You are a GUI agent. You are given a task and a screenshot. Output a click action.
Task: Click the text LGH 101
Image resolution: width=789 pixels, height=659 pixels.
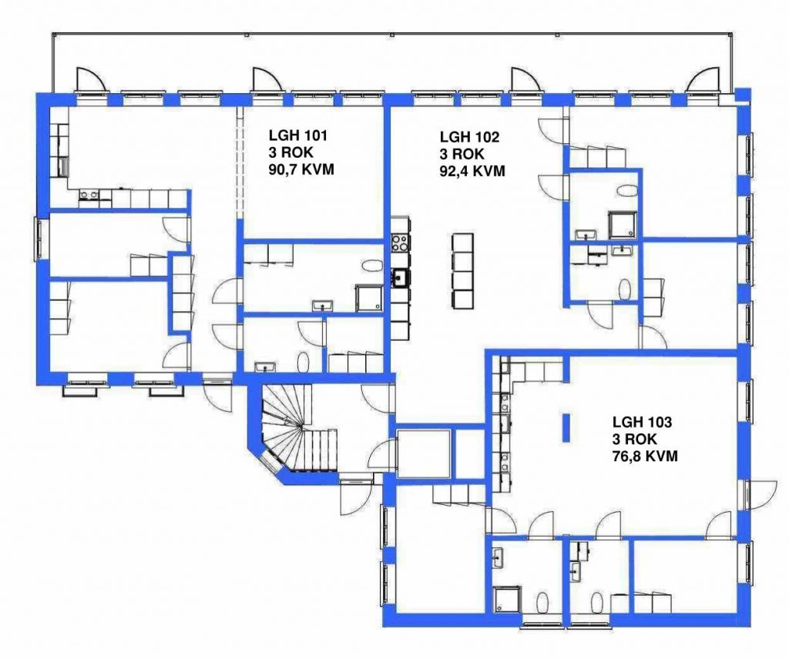(x=298, y=135)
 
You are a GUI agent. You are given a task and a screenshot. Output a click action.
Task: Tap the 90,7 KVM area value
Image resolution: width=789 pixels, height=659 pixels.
(x=301, y=169)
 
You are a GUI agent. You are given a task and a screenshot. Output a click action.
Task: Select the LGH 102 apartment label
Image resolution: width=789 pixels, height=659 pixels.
(x=469, y=137)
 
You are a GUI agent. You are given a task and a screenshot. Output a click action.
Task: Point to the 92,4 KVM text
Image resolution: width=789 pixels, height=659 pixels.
(x=472, y=171)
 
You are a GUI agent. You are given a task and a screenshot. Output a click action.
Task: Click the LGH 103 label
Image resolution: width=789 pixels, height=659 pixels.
(x=642, y=422)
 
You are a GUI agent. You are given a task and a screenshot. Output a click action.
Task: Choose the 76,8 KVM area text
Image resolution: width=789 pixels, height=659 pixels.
(x=645, y=456)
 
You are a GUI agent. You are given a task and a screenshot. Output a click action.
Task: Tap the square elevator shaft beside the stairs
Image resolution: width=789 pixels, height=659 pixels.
(x=423, y=453)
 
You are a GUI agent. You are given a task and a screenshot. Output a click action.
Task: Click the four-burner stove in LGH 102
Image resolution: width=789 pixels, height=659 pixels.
(x=401, y=243)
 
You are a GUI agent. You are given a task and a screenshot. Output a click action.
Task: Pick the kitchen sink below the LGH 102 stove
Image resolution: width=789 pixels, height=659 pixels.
(x=401, y=277)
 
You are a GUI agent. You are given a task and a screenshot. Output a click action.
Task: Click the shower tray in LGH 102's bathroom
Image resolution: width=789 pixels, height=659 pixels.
(x=623, y=225)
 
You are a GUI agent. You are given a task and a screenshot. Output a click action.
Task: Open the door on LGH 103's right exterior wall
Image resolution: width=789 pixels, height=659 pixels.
(x=759, y=494)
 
